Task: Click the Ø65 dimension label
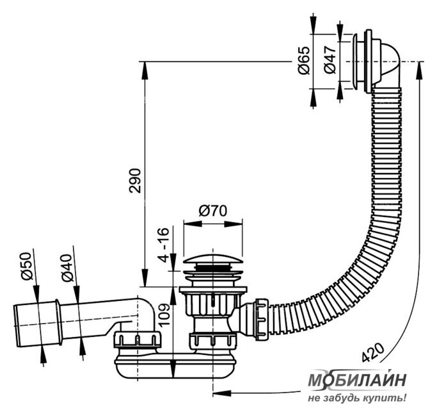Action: coord(304,61)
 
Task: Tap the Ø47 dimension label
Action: coord(330,60)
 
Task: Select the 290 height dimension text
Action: coord(135,181)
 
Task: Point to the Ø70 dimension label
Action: coord(213,211)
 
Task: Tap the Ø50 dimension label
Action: coord(26,266)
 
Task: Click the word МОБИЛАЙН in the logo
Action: coord(357,380)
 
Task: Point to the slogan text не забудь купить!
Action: coord(357,397)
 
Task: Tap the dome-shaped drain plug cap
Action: coord(212,258)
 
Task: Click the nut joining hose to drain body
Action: coord(261,319)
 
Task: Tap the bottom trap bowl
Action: coord(175,367)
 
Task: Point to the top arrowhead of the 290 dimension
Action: coord(145,71)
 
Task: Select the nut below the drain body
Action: coord(212,342)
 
